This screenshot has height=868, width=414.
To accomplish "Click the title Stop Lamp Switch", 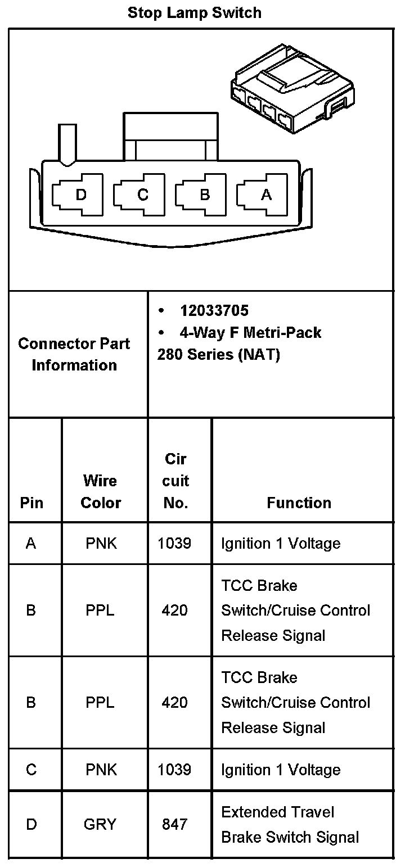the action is [x=194, y=12].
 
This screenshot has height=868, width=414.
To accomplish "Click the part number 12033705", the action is [x=214, y=310].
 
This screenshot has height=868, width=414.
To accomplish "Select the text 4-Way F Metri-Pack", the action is [x=250, y=332].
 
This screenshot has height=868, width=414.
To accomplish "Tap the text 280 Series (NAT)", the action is [x=218, y=355].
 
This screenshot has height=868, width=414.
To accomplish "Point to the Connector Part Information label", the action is [x=74, y=354].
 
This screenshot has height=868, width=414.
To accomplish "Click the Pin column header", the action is [x=31, y=503].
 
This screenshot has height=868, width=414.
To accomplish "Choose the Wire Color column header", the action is [x=101, y=491].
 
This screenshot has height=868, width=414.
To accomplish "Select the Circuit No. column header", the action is [x=175, y=481].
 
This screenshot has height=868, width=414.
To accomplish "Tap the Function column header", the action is [x=299, y=503].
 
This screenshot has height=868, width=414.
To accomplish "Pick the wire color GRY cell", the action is [x=100, y=824].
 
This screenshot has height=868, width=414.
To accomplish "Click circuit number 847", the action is [x=174, y=824].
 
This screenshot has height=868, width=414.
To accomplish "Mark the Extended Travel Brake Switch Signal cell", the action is [x=290, y=824].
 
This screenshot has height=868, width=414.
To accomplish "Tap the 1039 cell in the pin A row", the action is [x=174, y=543].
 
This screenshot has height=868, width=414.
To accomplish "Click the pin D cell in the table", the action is [x=31, y=824].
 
